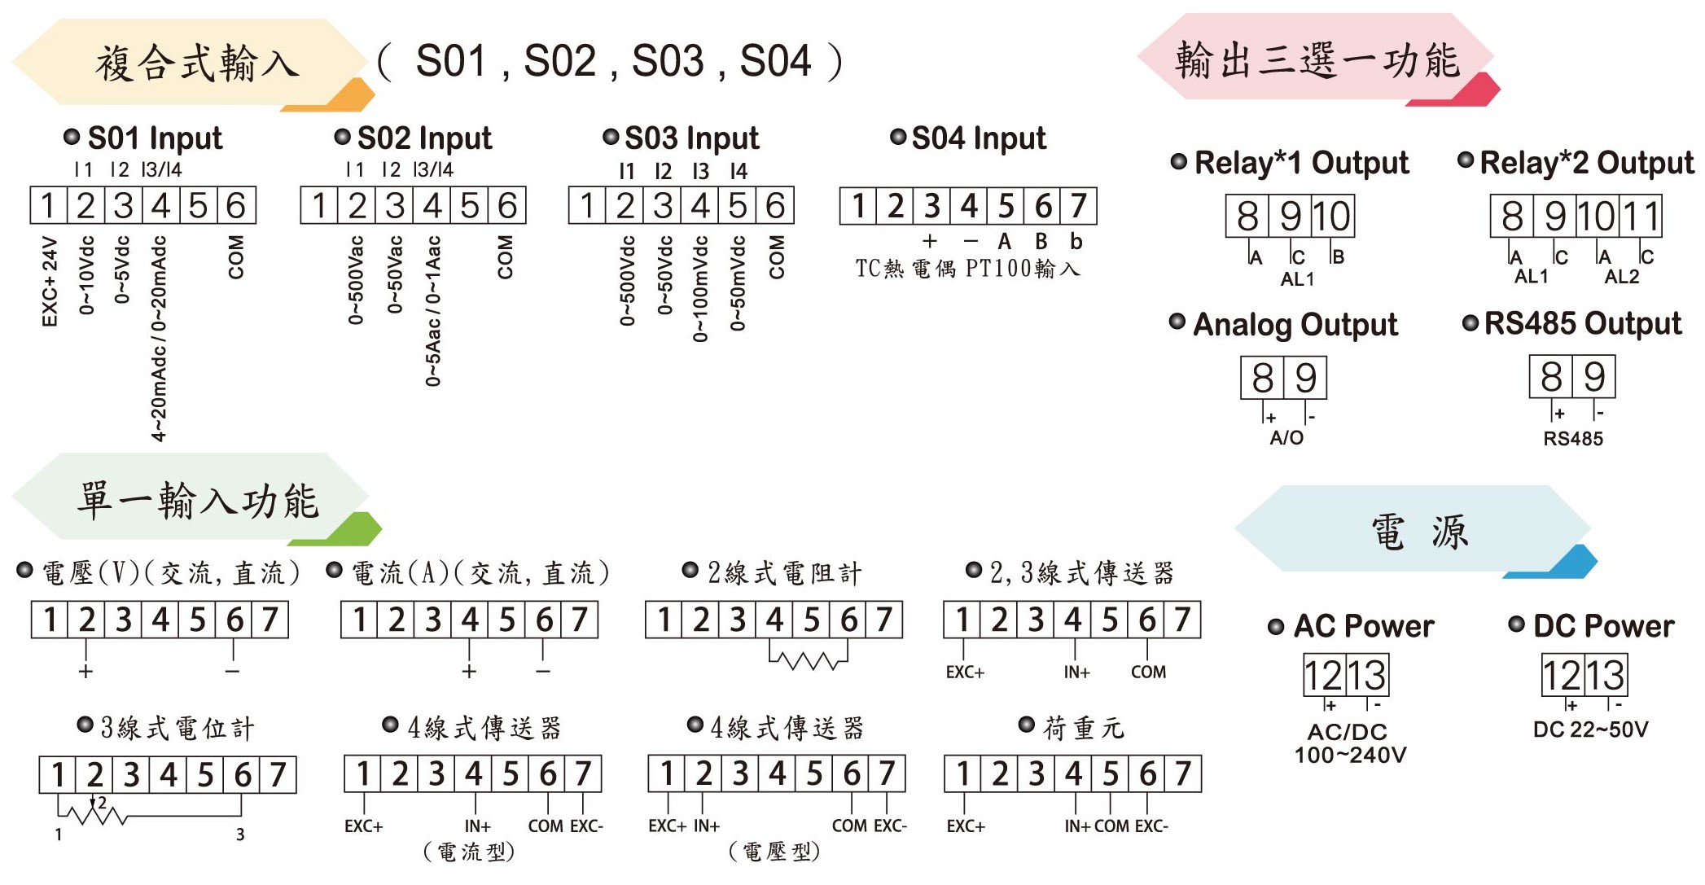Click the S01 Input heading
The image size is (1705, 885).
point(155,138)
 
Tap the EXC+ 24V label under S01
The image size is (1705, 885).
point(50,282)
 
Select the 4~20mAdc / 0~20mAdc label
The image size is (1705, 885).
point(159,339)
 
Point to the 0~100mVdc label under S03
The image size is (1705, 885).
point(700,289)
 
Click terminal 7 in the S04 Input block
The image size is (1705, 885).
point(1079,206)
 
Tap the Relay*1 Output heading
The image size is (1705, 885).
point(1301,163)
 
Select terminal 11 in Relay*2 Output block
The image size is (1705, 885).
point(1641,217)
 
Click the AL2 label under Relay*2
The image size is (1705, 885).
point(1622,277)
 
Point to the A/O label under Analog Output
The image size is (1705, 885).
point(1286,438)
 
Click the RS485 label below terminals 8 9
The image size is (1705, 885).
point(1573,439)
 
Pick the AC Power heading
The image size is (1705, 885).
point(1364,626)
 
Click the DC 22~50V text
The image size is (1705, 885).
point(1590,729)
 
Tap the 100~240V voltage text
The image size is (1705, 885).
point(1351,755)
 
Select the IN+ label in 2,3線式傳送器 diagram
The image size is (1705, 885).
point(1076,673)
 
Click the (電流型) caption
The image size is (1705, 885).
point(470,852)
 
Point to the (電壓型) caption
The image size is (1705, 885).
point(774,852)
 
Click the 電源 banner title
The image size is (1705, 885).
point(1420,532)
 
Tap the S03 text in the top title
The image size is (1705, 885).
point(668,61)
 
